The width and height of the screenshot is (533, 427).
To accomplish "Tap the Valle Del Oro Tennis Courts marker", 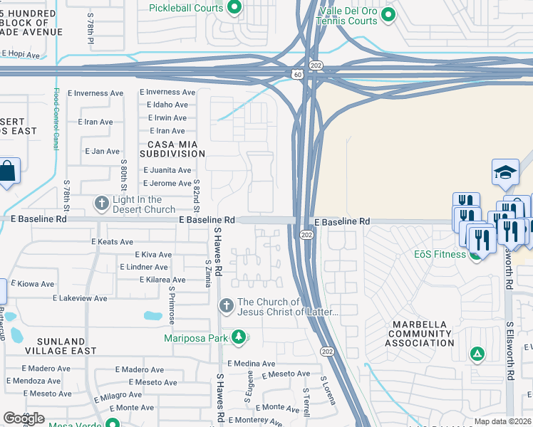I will (x=388, y=14).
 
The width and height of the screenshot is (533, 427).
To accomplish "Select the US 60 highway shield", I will (x=296, y=73).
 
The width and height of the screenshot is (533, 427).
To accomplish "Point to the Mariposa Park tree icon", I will (x=240, y=337).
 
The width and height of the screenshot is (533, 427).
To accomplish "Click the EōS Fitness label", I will (x=440, y=254).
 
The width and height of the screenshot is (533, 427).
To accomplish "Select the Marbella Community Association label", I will (x=419, y=334).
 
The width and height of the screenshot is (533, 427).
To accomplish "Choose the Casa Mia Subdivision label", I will (x=172, y=148).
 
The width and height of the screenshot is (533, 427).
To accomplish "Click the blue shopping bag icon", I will (x=9, y=172).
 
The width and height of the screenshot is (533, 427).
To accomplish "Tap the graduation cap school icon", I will (x=504, y=172).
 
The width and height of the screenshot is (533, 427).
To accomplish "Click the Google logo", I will (x=23, y=418).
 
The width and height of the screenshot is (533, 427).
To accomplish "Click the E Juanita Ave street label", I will (x=167, y=170).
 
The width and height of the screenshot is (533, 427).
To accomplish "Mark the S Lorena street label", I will (x=328, y=391).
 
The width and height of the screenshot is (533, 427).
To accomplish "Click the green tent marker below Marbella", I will (x=477, y=353).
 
